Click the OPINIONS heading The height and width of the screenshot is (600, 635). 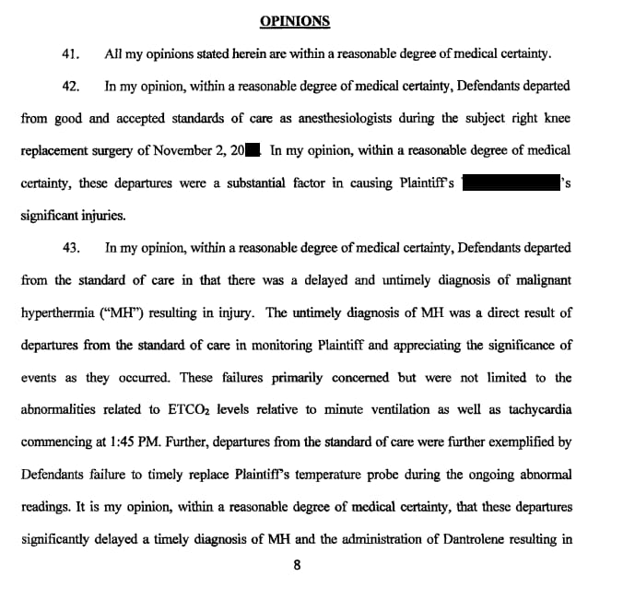[294, 21]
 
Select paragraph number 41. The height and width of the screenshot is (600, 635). [70, 54]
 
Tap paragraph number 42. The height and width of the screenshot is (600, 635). [70, 87]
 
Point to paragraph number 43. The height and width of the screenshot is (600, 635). [70, 248]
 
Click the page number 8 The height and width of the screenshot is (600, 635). [296, 565]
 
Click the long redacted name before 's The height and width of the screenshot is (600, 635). [512, 182]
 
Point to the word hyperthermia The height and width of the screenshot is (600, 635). [59, 312]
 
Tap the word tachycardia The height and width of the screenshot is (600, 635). [534, 410]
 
